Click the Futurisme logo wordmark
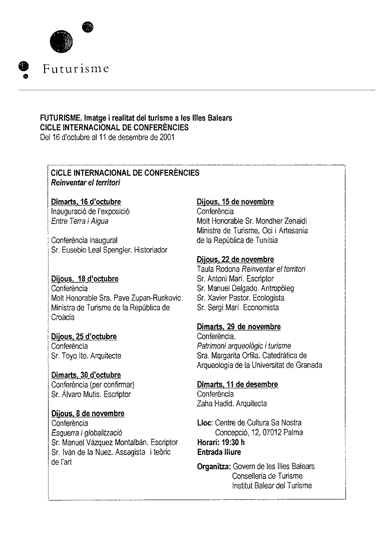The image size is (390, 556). (76, 69)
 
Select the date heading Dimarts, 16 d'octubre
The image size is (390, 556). (86, 202)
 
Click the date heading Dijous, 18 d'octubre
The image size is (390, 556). (85, 279)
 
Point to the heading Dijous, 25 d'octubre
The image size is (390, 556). (84, 337)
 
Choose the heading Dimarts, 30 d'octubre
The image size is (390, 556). (86, 375)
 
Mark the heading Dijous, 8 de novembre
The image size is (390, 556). (88, 414)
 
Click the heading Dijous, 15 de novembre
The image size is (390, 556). (235, 202)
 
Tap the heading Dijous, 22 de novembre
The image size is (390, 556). (235, 260)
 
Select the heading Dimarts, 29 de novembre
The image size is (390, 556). (238, 327)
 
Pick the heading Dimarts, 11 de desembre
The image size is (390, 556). (237, 385)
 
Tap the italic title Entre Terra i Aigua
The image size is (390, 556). (80, 221)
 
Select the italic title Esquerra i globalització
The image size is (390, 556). (87, 433)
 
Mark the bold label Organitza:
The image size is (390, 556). (214, 466)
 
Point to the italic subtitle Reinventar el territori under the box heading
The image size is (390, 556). (86, 182)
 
